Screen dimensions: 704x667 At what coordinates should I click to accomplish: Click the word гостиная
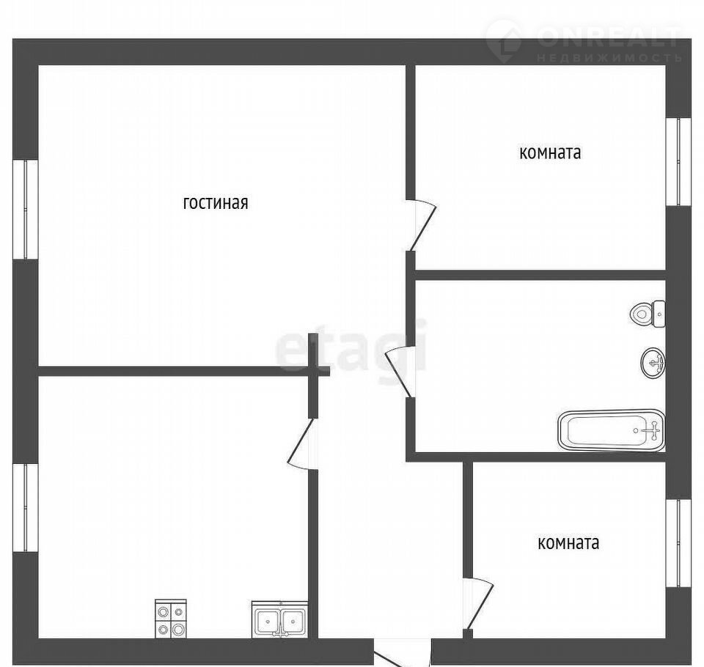pyautogui.click(x=216, y=203)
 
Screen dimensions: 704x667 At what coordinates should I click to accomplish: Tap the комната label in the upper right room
pyautogui.click(x=550, y=153)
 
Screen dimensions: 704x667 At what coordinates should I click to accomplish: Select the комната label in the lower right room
pyautogui.click(x=568, y=543)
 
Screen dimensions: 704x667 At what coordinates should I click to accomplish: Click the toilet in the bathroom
pyautogui.click(x=648, y=313)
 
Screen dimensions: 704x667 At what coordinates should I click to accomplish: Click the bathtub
pyautogui.click(x=612, y=430)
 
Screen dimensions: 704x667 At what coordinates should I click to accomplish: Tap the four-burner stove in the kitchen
pyautogui.click(x=171, y=619)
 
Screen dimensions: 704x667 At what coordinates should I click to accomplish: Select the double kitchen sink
pyautogui.click(x=280, y=619)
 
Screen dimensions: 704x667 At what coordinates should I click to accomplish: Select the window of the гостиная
pyautogui.click(x=25, y=209)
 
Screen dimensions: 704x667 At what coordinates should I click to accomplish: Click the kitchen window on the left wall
pyautogui.click(x=25, y=508)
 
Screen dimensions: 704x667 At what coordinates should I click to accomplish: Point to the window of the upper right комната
pyautogui.click(x=678, y=161)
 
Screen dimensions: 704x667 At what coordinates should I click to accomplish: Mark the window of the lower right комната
pyautogui.click(x=678, y=543)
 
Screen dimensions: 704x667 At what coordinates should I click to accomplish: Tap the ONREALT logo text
pyautogui.click(x=609, y=37)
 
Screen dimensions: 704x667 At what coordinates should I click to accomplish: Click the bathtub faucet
pyautogui.click(x=654, y=430)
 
